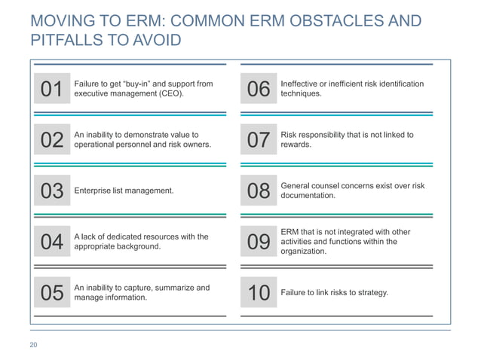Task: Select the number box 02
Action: click(51, 140)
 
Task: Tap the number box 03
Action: click(51, 191)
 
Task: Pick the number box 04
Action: click(51, 242)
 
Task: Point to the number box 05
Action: click(51, 293)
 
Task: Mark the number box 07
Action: click(258, 140)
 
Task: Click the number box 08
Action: click(258, 191)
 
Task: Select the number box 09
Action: click(258, 242)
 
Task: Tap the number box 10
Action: click(258, 293)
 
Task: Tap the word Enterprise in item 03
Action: click(93, 191)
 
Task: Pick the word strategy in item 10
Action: click(371, 293)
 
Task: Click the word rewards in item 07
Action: click(296, 145)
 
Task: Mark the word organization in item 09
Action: click(303, 252)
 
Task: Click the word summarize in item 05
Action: click(178, 288)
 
